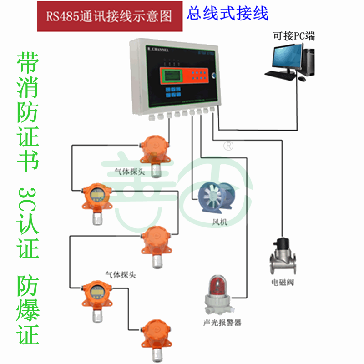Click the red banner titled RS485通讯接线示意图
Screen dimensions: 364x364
pos(110,16)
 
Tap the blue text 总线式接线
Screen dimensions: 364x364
pos(227,14)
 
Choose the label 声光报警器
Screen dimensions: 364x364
pos(222,324)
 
